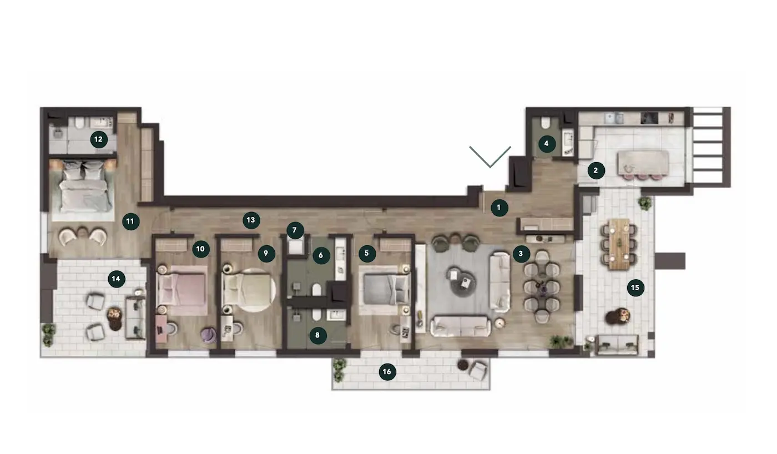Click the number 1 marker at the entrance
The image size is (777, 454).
[499, 208]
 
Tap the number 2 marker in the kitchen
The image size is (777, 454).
[596, 170]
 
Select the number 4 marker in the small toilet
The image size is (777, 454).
[547, 144]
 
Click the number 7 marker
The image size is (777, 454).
[295, 230]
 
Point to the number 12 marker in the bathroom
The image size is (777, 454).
[98, 139]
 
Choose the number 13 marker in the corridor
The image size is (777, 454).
[251, 220]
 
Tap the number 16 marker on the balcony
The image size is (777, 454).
[387, 372]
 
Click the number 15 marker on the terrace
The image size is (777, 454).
[635, 287]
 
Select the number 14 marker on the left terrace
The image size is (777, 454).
[116, 279]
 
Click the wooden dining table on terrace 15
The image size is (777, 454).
[619, 244]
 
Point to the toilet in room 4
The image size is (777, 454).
[546, 123]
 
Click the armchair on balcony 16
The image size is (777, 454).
[478, 370]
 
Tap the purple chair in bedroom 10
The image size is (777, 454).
[208, 335]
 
